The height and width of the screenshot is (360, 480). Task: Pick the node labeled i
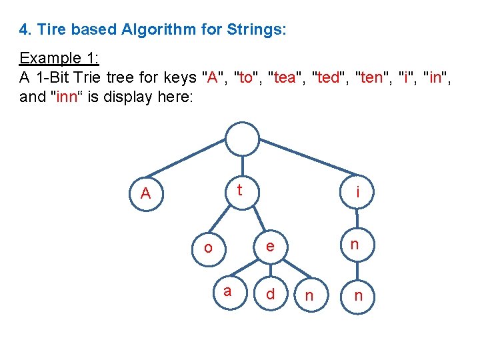[358, 193]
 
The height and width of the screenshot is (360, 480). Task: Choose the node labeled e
[269, 246]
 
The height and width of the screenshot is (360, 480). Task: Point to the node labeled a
[228, 291]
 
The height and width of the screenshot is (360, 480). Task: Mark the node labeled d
[270, 294]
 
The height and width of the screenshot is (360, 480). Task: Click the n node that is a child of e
[309, 295]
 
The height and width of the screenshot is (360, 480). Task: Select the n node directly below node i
[355, 244]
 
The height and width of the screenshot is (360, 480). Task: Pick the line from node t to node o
[223, 221]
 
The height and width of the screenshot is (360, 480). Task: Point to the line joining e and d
[269, 270]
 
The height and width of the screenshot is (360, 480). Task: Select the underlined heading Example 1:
[59, 57]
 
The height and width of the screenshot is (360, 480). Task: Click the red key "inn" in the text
[69, 97]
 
